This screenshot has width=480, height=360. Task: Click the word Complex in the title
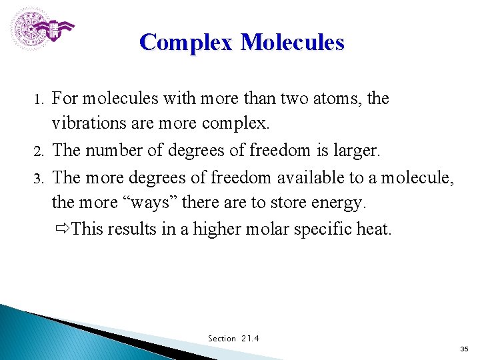pyautogui.click(x=186, y=43)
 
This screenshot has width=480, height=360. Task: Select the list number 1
pyautogui.click(x=38, y=99)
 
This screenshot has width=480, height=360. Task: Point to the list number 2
pyautogui.click(x=38, y=151)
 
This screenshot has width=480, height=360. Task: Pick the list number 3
pyautogui.click(x=38, y=177)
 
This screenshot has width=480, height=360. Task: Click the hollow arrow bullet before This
pyautogui.click(x=63, y=229)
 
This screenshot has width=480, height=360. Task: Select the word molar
pyautogui.click(x=270, y=229)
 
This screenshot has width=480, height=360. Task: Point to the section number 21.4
pyautogui.click(x=251, y=339)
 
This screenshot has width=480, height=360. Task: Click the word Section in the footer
pyautogui.click(x=222, y=339)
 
